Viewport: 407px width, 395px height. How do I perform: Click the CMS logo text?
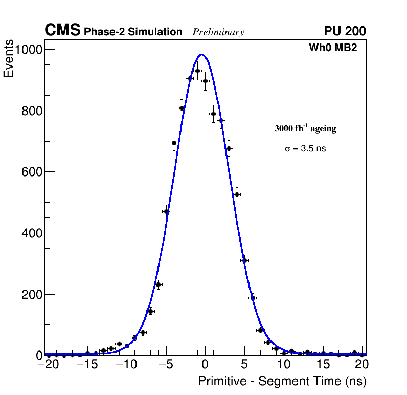pos(62,31)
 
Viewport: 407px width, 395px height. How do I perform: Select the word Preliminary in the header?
pos(218,32)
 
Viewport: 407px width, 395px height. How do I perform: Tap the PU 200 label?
pos(345,31)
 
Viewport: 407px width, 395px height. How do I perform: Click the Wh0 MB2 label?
pos(332,48)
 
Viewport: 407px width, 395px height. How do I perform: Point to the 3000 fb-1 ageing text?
pos(305,128)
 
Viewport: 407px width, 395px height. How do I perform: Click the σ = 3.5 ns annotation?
pos(305,149)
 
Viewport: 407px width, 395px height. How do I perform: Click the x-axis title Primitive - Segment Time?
pos(282,381)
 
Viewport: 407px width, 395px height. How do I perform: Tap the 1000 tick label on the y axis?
pos(29,50)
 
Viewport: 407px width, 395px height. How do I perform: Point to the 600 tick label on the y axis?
pos(32,172)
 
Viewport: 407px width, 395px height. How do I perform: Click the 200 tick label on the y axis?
pos(32,295)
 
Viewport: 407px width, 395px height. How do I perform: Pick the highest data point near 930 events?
pos(197,71)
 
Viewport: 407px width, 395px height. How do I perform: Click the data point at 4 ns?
pos(237,194)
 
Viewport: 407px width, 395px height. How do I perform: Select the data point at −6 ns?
pos(159,284)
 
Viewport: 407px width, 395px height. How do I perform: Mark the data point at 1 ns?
pos(213,114)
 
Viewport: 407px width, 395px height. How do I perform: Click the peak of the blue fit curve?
pos(201,54)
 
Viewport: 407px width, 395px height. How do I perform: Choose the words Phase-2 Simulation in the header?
pos(133,32)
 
